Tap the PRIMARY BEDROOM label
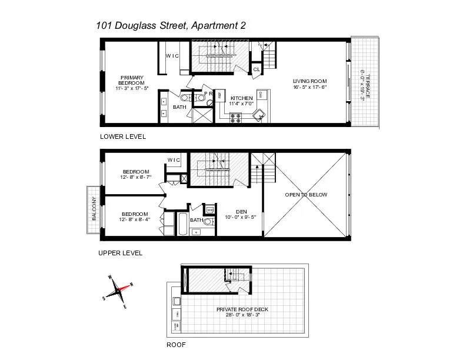click(x=132, y=77)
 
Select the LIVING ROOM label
click(x=309, y=81)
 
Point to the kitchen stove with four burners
click(x=235, y=117)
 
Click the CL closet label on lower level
click(x=257, y=69)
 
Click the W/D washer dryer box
click(x=210, y=209)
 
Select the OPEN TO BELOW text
click(x=306, y=195)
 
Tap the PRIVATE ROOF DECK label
click(x=238, y=309)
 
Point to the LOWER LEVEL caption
click(x=123, y=136)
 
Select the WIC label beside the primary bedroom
click(x=172, y=56)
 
